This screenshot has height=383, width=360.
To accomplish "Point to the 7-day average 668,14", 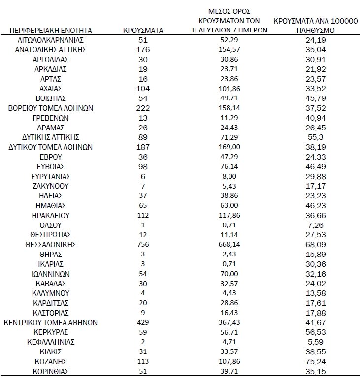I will (x=229, y=244).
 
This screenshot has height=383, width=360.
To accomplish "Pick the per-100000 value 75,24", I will (x=317, y=361).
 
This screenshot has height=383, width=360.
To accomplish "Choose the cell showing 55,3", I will (x=317, y=137).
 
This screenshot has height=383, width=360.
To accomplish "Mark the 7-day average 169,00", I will (x=229, y=147).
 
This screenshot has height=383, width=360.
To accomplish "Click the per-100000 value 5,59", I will (x=317, y=342).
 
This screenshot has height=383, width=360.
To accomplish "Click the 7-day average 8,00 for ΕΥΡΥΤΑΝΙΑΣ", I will (x=229, y=176).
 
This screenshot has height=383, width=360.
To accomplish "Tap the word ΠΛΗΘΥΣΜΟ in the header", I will (x=317, y=31).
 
